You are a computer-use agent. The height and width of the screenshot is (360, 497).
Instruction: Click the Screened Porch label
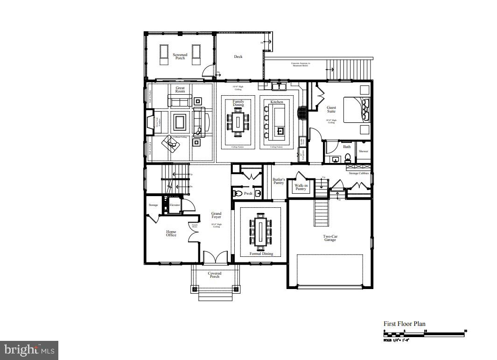click(180, 56)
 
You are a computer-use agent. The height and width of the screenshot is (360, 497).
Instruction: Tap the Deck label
click(238, 57)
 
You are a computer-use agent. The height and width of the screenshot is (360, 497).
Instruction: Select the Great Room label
click(180, 90)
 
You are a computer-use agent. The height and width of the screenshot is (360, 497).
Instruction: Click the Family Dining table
click(238, 122)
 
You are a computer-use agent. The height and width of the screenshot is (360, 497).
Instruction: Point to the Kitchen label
click(277, 102)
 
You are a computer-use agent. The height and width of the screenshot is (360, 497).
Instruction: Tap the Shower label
click(364, 151)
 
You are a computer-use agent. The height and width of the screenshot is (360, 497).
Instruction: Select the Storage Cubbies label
click(359, 173)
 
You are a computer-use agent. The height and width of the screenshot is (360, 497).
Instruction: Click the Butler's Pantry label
click(279, 181)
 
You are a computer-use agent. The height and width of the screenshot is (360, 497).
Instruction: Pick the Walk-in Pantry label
click(301, 187)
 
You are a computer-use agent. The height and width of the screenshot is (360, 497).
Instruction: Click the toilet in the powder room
click(237, 193)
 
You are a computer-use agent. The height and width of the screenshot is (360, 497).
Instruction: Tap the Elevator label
click(175, 205)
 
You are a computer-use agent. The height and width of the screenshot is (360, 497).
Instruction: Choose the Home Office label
click(171, 233)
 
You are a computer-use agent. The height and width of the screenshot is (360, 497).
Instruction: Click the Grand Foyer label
click(216, 215)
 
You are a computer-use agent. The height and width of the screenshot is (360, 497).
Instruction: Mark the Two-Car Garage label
click(330, 238)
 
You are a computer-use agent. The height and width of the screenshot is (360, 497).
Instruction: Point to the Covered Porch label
click(214, 275)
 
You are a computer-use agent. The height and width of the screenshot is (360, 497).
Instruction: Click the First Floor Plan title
click(404, 324)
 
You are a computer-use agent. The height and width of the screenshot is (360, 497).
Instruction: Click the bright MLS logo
click(29, 349)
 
